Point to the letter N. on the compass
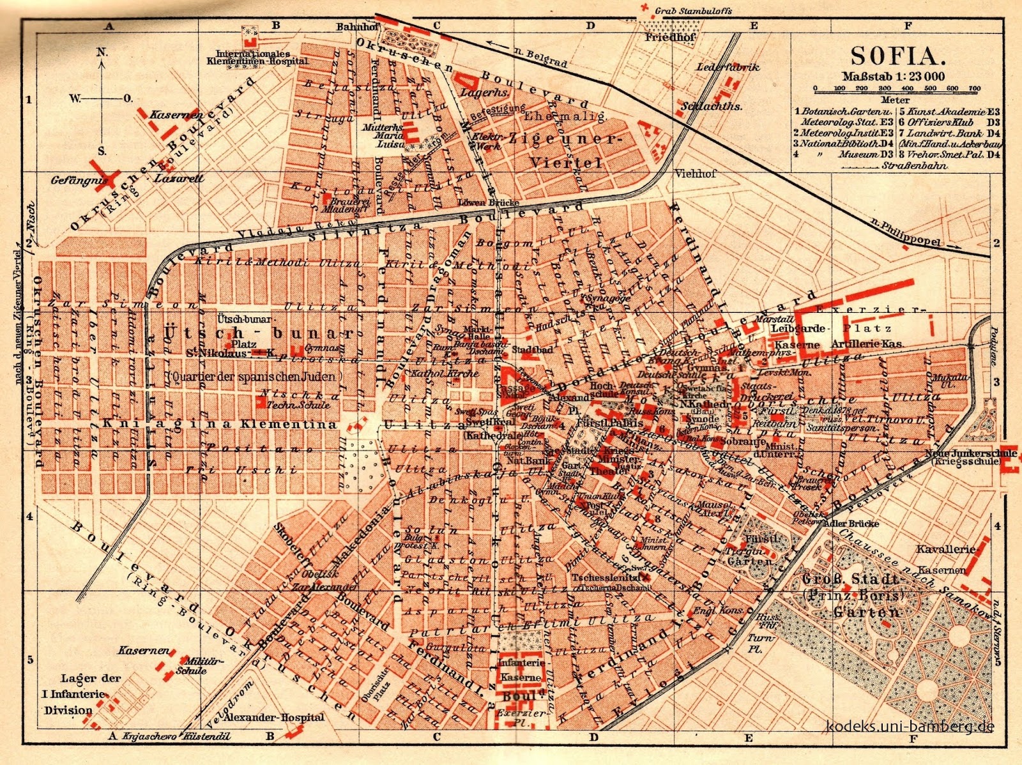click(x=102, y=52)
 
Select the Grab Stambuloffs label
click(x=693, y=11)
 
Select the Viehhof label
click(x=696, y=173)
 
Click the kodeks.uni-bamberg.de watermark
click(x=910, y=726)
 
